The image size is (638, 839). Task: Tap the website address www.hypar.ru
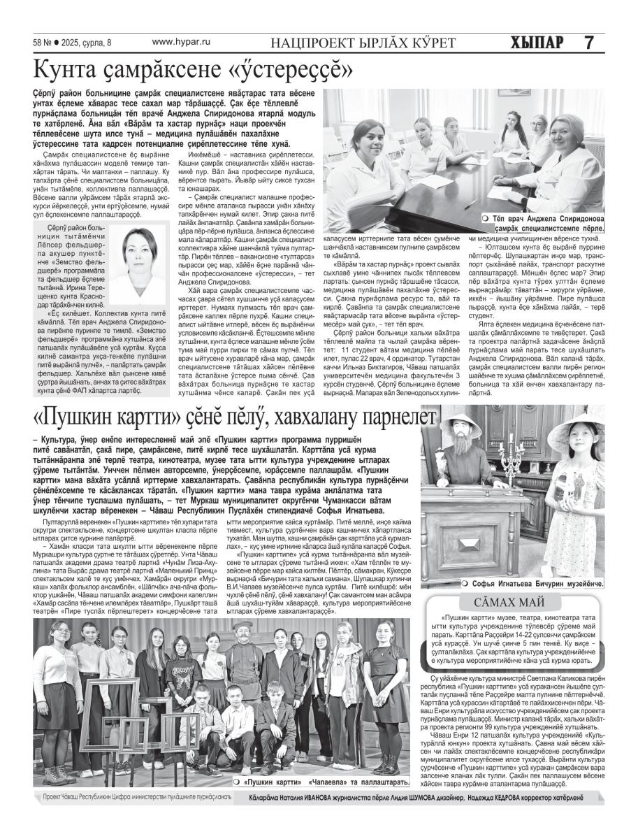181,42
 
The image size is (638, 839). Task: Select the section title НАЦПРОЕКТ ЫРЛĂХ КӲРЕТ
363,43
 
